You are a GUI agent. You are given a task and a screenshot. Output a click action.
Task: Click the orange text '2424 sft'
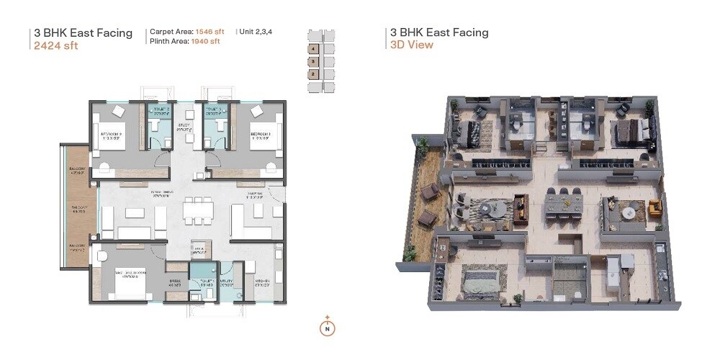pyautogui.click(x=56, y=46)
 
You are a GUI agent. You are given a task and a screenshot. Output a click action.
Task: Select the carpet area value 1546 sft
pyautogui.click(x=210, y=32)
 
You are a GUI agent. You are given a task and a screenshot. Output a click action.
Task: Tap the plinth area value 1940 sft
pyautogui.click(x=206, y=42)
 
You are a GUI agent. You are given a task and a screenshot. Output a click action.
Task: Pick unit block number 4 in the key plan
pyautogui.click(x=314, y=50)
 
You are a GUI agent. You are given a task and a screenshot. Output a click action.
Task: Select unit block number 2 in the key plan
pyautogui.click(x=314, y=73)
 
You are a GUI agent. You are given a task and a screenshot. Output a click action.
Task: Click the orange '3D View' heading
pyautogui.click(x=412, y=45)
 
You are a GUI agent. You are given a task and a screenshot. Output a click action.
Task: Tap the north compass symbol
pyautogui.click(x=327, y=327)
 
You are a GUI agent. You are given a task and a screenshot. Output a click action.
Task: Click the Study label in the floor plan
pyautogui.click(x=182, y=128)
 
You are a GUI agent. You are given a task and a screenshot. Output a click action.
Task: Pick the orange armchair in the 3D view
pyautogui.click(x=654, y=209)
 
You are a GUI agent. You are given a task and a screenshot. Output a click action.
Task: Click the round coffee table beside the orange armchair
pyautogui.click(x=630, y=213)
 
